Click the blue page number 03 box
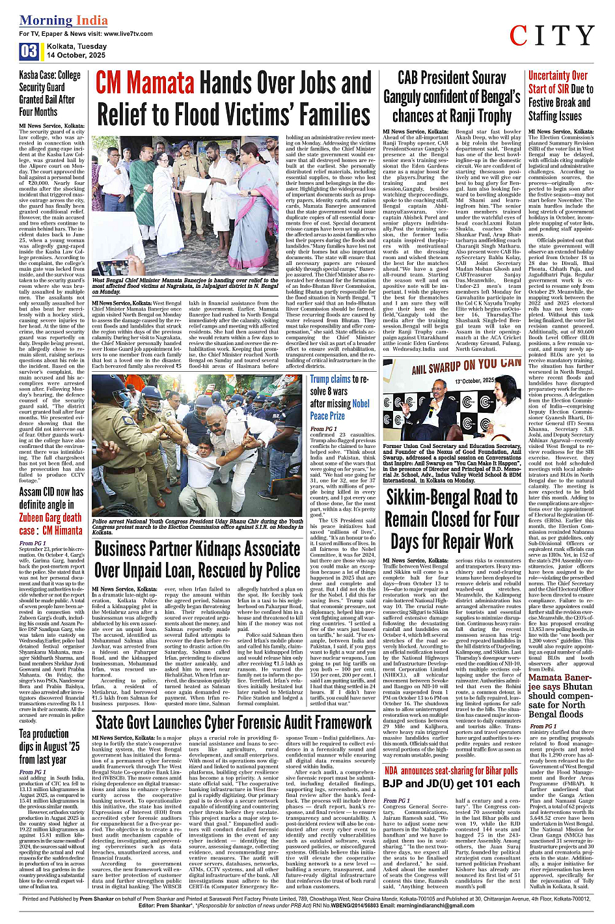[28, 51]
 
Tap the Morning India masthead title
[64, 20]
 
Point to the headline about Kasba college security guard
[50, 93]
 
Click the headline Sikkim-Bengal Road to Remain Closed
[452, 519]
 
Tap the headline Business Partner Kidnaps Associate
[197, 559]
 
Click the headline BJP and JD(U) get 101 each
[451, 783]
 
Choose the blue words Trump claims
[331, 379]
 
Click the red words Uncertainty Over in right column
[558, 76]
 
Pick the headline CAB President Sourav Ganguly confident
[452, 96]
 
